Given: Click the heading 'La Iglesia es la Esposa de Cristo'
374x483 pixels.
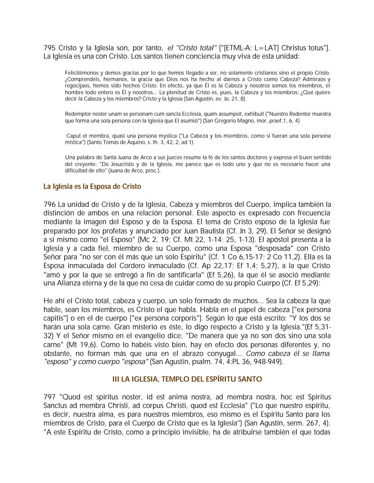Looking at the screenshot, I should point(92,186).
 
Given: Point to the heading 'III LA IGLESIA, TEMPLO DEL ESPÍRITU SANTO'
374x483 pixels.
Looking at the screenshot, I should point(187,379).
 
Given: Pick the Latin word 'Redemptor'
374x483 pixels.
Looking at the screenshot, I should point(77,114).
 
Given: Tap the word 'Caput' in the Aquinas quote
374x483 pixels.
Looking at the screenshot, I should point(73,136).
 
